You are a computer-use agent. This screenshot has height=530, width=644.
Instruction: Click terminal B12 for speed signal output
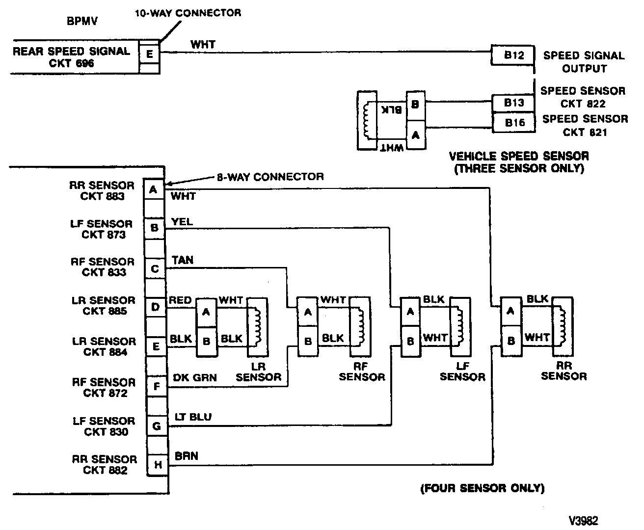click(x=513, y=55)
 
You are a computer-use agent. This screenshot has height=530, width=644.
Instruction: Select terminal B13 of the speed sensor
click(x=513, y=103)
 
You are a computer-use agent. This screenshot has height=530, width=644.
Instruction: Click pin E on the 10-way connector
click(x=150, y=53)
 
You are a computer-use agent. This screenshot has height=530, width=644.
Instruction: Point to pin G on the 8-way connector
click(x=157, y=426)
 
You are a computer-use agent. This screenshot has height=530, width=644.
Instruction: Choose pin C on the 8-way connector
click(x=155, y=269)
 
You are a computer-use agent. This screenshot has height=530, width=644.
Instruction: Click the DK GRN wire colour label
click(x=195, y=377)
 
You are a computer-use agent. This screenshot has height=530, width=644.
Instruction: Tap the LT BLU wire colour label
click(x=193, y=417)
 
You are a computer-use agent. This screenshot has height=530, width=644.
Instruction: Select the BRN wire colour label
click(x=187, y=456)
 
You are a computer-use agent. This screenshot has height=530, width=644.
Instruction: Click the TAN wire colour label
click(x=183, y=260)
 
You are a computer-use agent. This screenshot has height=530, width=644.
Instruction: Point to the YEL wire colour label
click(x=182, y=222)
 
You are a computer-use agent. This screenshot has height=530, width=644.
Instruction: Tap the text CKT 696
click(x=71, y=63)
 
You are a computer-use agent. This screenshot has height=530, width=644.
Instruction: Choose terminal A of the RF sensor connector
click(x=308, y=312)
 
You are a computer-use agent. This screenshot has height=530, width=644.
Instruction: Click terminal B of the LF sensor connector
click(x=410, y=341)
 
